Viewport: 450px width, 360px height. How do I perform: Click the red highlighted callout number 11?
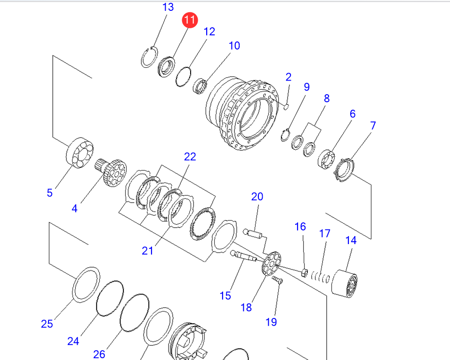(190, 20)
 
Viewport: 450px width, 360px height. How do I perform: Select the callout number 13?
(168, 7)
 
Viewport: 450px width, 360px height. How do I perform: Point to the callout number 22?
(190, 156)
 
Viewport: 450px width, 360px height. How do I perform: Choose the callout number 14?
(351, 240)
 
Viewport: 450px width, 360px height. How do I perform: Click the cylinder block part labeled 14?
(345, 283)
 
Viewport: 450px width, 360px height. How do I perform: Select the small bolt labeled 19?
(277, 280)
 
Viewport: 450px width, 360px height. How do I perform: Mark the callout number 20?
(257, 196)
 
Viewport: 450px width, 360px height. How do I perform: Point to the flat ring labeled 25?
(87, 284)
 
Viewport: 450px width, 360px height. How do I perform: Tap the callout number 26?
(99, 354)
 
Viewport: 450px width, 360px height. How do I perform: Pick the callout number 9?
(306, 87)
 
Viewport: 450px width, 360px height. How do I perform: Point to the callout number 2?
(289, 77)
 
